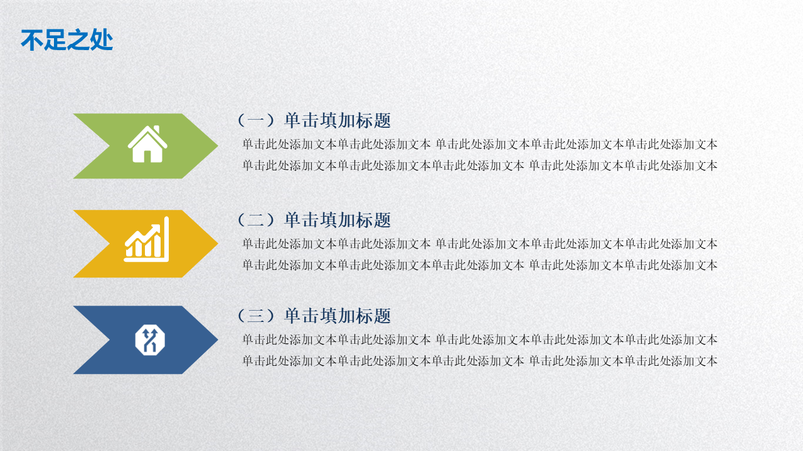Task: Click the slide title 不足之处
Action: [67, 39]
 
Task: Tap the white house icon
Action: [147, 144]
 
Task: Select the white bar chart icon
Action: [147, 239]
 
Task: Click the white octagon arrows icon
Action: [150, 340]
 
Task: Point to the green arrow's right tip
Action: [218, 146]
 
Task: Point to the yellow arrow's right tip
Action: [218, 244]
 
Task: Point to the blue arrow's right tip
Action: [218, 340]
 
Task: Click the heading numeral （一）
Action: [257, 121]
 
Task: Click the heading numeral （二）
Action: [257, 220]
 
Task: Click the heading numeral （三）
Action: [257, 316]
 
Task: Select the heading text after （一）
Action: [338, 121]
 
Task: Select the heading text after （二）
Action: [338, 220]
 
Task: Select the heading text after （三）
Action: [338, 316]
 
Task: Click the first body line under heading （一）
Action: [480, 144]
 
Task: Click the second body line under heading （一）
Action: [480, 165]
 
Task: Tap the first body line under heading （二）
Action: [480, 244]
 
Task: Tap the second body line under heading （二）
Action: [480, 265]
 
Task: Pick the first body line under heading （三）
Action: [480, 340]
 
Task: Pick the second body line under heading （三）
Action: [480, 361]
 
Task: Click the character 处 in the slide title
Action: [102, 39]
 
